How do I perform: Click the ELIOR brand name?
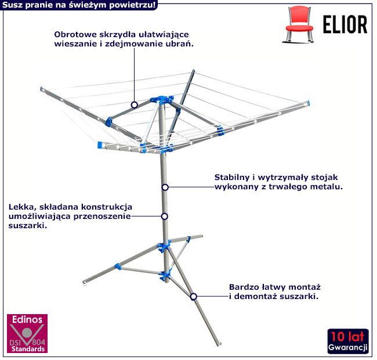[x=345, y=24]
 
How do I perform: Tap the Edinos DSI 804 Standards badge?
[x=27, y=333]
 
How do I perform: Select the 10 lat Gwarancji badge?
[x=348, y=341]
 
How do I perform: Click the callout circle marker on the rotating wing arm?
[x=135, y=105]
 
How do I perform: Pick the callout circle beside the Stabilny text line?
[x=165, y=187]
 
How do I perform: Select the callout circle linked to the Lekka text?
[x=165, y=217]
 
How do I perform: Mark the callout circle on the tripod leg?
[x=194, y=297]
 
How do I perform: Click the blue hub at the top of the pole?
[x=162, y=99]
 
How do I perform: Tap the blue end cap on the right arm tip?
[x=308, y=103]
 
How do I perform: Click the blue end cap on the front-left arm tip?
[x=100, y=145]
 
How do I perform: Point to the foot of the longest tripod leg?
[x=219, y=344]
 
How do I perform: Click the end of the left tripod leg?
[x=84, y=283]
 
